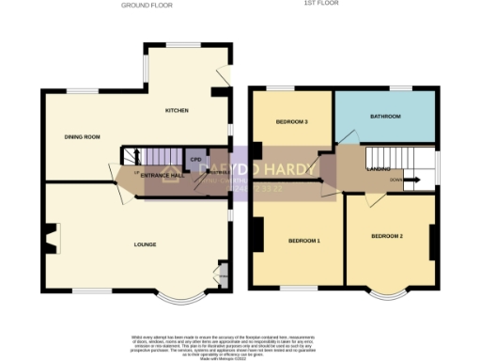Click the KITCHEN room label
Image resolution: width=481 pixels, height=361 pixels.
[x=177, y=110]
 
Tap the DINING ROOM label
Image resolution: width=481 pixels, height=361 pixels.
[x=82, y=137]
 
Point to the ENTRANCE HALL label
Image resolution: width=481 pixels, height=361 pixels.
[x=162, y=176]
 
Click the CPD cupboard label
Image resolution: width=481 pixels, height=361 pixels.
[x=195, y=160]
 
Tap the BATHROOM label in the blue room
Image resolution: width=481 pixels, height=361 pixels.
[x=385, y=117]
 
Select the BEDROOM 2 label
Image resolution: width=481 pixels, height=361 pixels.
[x=386, y=235]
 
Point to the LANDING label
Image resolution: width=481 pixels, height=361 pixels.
[x=379, y=169]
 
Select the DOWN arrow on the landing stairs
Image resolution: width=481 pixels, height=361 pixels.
[x=398, y=178]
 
